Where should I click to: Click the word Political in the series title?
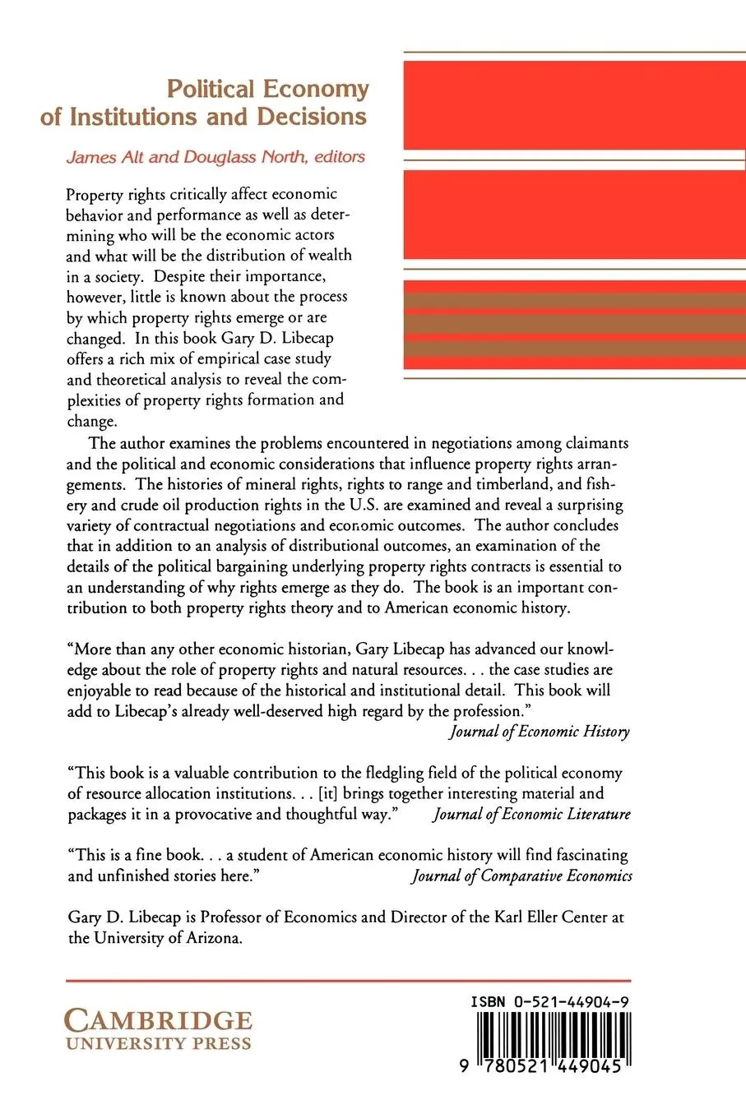[x=212, y=89]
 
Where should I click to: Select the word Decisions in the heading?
[x=312, y=117]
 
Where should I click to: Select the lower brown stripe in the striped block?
[x=573, y=349]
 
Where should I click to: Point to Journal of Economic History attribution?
[x=540, y=732]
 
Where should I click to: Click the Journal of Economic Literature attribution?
[x=532, y=814]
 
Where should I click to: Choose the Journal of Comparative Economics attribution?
[x=522, y=875]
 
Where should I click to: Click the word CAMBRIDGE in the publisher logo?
[x=158, y=1022]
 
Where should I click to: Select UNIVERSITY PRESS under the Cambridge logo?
[x=158, y=1044]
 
